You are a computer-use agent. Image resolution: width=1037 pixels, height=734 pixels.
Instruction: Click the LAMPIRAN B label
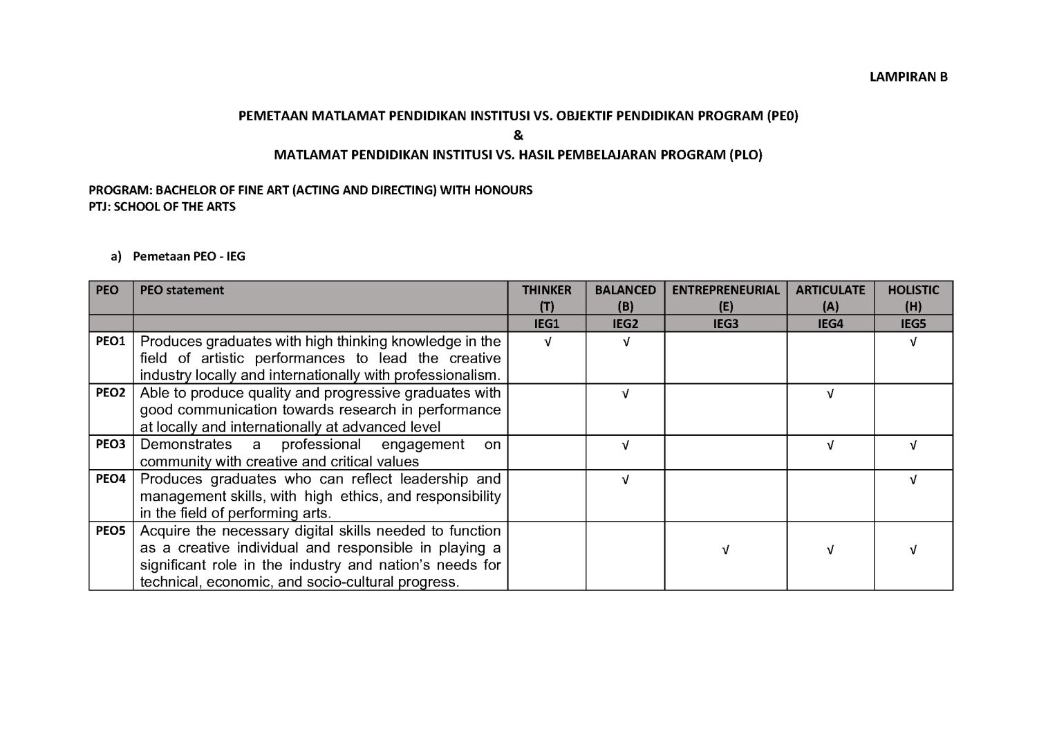(908, 77)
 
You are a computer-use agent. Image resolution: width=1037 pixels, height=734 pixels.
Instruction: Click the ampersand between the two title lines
(518, 136)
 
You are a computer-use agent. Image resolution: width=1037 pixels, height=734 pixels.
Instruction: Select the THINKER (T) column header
(546, 298)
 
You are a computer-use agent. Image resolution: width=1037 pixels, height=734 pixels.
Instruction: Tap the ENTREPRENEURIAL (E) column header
(725, 298)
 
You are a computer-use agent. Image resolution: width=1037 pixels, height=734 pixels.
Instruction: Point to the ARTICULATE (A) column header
(830, 298)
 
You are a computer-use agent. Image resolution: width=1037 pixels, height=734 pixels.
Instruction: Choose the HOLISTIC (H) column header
(913, 298)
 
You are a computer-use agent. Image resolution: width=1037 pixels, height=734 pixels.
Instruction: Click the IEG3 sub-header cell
(725, 324)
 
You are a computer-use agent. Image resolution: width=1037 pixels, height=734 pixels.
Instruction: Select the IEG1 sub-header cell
(546, 324)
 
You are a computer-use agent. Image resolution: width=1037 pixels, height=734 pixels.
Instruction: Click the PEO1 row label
(111, 341)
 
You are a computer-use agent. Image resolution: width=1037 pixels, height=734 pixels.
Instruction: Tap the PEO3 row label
(111, 444)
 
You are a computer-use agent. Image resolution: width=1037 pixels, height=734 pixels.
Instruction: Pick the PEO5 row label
(111, 531)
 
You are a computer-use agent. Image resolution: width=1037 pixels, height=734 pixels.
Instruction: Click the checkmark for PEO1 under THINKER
(547, 342)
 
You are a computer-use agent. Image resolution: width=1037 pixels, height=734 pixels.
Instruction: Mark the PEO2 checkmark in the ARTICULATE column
(830, 394)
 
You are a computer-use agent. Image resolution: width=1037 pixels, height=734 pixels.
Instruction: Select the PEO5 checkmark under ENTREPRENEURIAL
(725, 551)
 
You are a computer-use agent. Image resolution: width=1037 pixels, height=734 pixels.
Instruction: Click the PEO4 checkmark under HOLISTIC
(913, 479)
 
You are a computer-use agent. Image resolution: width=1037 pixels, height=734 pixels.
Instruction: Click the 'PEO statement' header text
(182, 290)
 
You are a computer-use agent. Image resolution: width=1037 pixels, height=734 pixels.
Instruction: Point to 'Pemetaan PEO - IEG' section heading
(189, 257)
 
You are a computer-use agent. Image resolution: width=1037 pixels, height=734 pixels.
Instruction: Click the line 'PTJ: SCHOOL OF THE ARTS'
(162, 206)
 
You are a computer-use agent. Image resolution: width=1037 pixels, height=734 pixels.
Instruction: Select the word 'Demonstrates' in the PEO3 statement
(186, 444)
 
